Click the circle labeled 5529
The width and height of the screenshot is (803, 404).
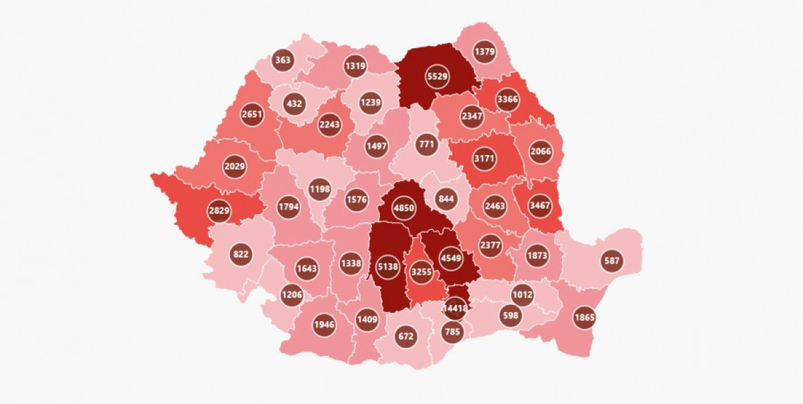point(438,77)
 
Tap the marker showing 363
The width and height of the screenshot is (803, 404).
point(283,60)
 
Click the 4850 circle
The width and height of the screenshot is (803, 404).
point(404,207)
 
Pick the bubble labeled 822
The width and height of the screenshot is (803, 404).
point(241,254)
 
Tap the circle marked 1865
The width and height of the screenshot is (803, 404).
point(585,317)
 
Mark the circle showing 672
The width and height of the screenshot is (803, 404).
point(406,336)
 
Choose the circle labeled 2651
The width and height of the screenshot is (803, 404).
point(252,114)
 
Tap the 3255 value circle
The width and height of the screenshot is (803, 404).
point(421,272)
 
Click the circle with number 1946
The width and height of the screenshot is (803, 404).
point(324,325)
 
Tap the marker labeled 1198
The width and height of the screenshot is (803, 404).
point(320,190)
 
